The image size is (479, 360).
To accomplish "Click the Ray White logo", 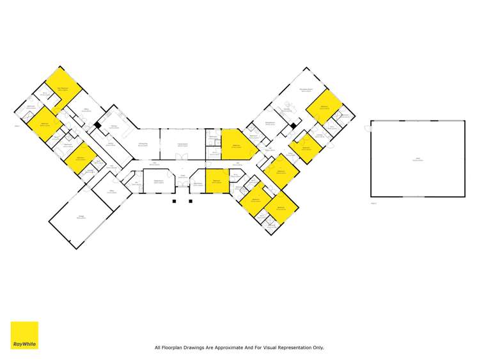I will (x=24, y=335).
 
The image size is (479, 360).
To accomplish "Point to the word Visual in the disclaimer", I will (x=265, y=348).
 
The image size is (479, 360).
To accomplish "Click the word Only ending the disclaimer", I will (x=318, y=348).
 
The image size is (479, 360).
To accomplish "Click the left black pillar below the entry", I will (x=174, y=200).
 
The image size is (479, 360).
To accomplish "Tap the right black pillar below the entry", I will (x=191, y=200).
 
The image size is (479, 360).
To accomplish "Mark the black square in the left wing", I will (x=97, y=125).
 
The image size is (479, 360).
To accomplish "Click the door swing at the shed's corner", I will (x=367, y=129).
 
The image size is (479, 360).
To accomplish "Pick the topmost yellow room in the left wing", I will (x=63, y=90).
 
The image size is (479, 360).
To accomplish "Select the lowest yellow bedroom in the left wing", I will (x=81, y=159).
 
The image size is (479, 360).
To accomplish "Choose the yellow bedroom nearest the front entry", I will (x=217, y=181).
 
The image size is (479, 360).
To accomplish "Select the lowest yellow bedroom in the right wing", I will (x=280, y=208).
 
